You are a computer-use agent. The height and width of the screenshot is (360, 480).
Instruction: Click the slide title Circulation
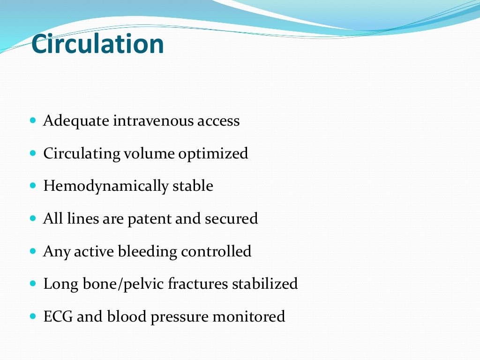(97, 45)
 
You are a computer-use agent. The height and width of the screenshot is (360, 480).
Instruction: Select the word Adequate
(76, 121)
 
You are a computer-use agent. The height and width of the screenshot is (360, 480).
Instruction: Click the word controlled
(216, 251)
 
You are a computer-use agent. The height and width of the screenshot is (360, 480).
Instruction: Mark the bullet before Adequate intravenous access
(32, 121)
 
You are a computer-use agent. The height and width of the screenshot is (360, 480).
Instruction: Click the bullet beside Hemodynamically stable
(32, 186)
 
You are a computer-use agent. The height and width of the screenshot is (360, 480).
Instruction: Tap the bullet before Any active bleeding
(32, 251)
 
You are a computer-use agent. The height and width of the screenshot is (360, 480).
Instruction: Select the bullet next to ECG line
(32, 316)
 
